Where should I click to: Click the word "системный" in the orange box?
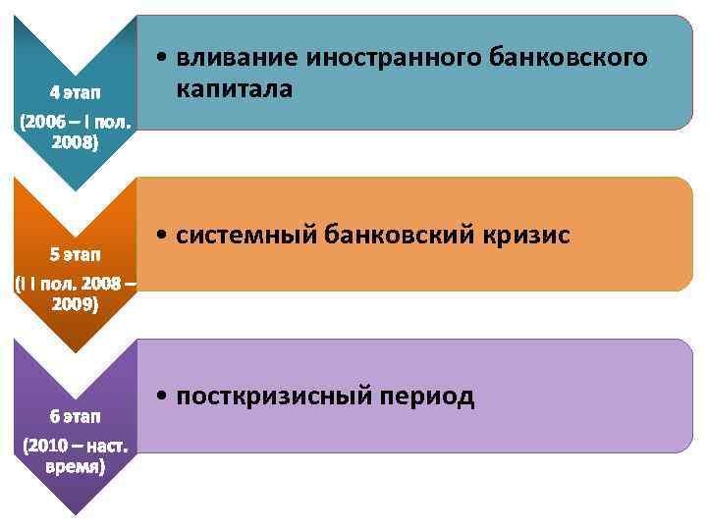tap(247, 237)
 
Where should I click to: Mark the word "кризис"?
tap(527, 237)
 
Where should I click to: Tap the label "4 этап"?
tap(75, 92)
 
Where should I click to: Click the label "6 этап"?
tap(75, 416)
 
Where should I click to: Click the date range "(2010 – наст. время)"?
tap(75, 456)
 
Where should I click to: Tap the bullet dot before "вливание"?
tap(160, 59)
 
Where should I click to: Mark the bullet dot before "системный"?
tap(160, 238)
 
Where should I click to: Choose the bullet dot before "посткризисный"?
tap(160, 397)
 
